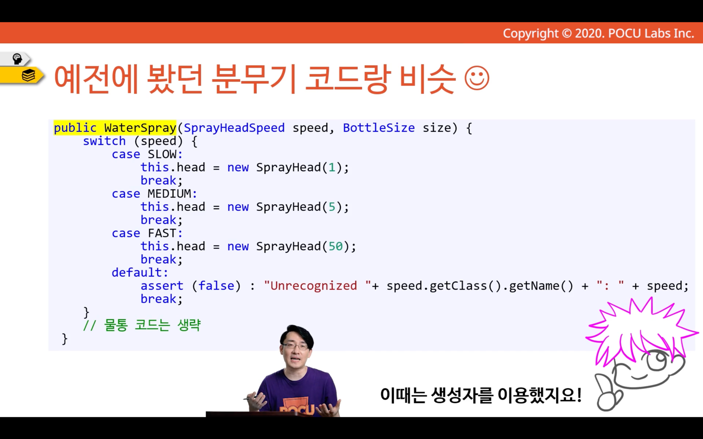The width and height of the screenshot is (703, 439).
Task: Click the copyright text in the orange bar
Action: tap(598, 33)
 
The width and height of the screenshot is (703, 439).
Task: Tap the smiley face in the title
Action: tap(477, 78)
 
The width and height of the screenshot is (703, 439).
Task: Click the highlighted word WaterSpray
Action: tap(140, 128)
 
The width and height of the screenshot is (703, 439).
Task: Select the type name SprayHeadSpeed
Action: tap(234, 128)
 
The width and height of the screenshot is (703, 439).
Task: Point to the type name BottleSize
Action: tap(378, 128)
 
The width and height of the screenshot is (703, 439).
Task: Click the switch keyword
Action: tap(104, 141)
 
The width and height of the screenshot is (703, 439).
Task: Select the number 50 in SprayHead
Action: tap(336, 247)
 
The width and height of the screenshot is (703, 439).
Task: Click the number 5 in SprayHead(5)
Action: tap(332, 207)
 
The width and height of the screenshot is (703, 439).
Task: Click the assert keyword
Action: tap(162, 286)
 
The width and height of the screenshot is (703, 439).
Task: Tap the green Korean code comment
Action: tap(141, 325)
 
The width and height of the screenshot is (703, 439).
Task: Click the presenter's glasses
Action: tap(295, 347)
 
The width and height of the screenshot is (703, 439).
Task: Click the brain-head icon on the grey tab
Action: tap(17, 59)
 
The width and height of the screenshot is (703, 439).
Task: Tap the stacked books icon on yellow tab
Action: tap(28, 75)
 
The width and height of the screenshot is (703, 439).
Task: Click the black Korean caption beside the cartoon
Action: tap(481, 395)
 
